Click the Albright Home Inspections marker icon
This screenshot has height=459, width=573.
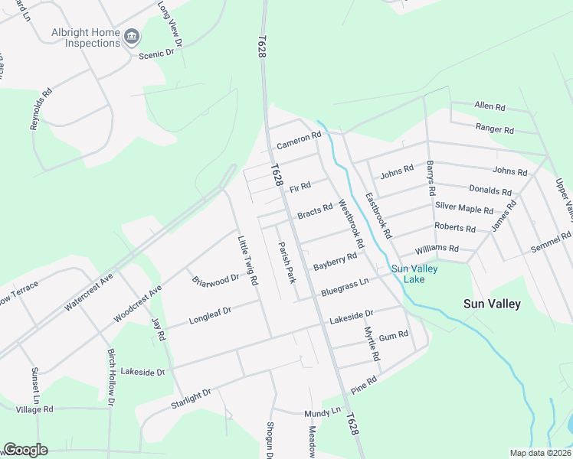(x=132, y=35)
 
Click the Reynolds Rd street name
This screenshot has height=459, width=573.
(x=41, y=109)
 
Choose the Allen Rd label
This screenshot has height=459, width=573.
(x=490, y=106)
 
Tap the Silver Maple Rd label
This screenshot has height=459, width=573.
(x=463, y=207)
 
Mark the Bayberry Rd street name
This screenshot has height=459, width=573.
(x=335, y=262)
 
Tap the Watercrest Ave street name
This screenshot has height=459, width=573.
(x=88, y=291)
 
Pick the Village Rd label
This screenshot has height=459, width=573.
(x=34, y=410)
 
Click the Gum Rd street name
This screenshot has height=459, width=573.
(x=393, y=335)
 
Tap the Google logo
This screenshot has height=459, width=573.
(x=25, y=450)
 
